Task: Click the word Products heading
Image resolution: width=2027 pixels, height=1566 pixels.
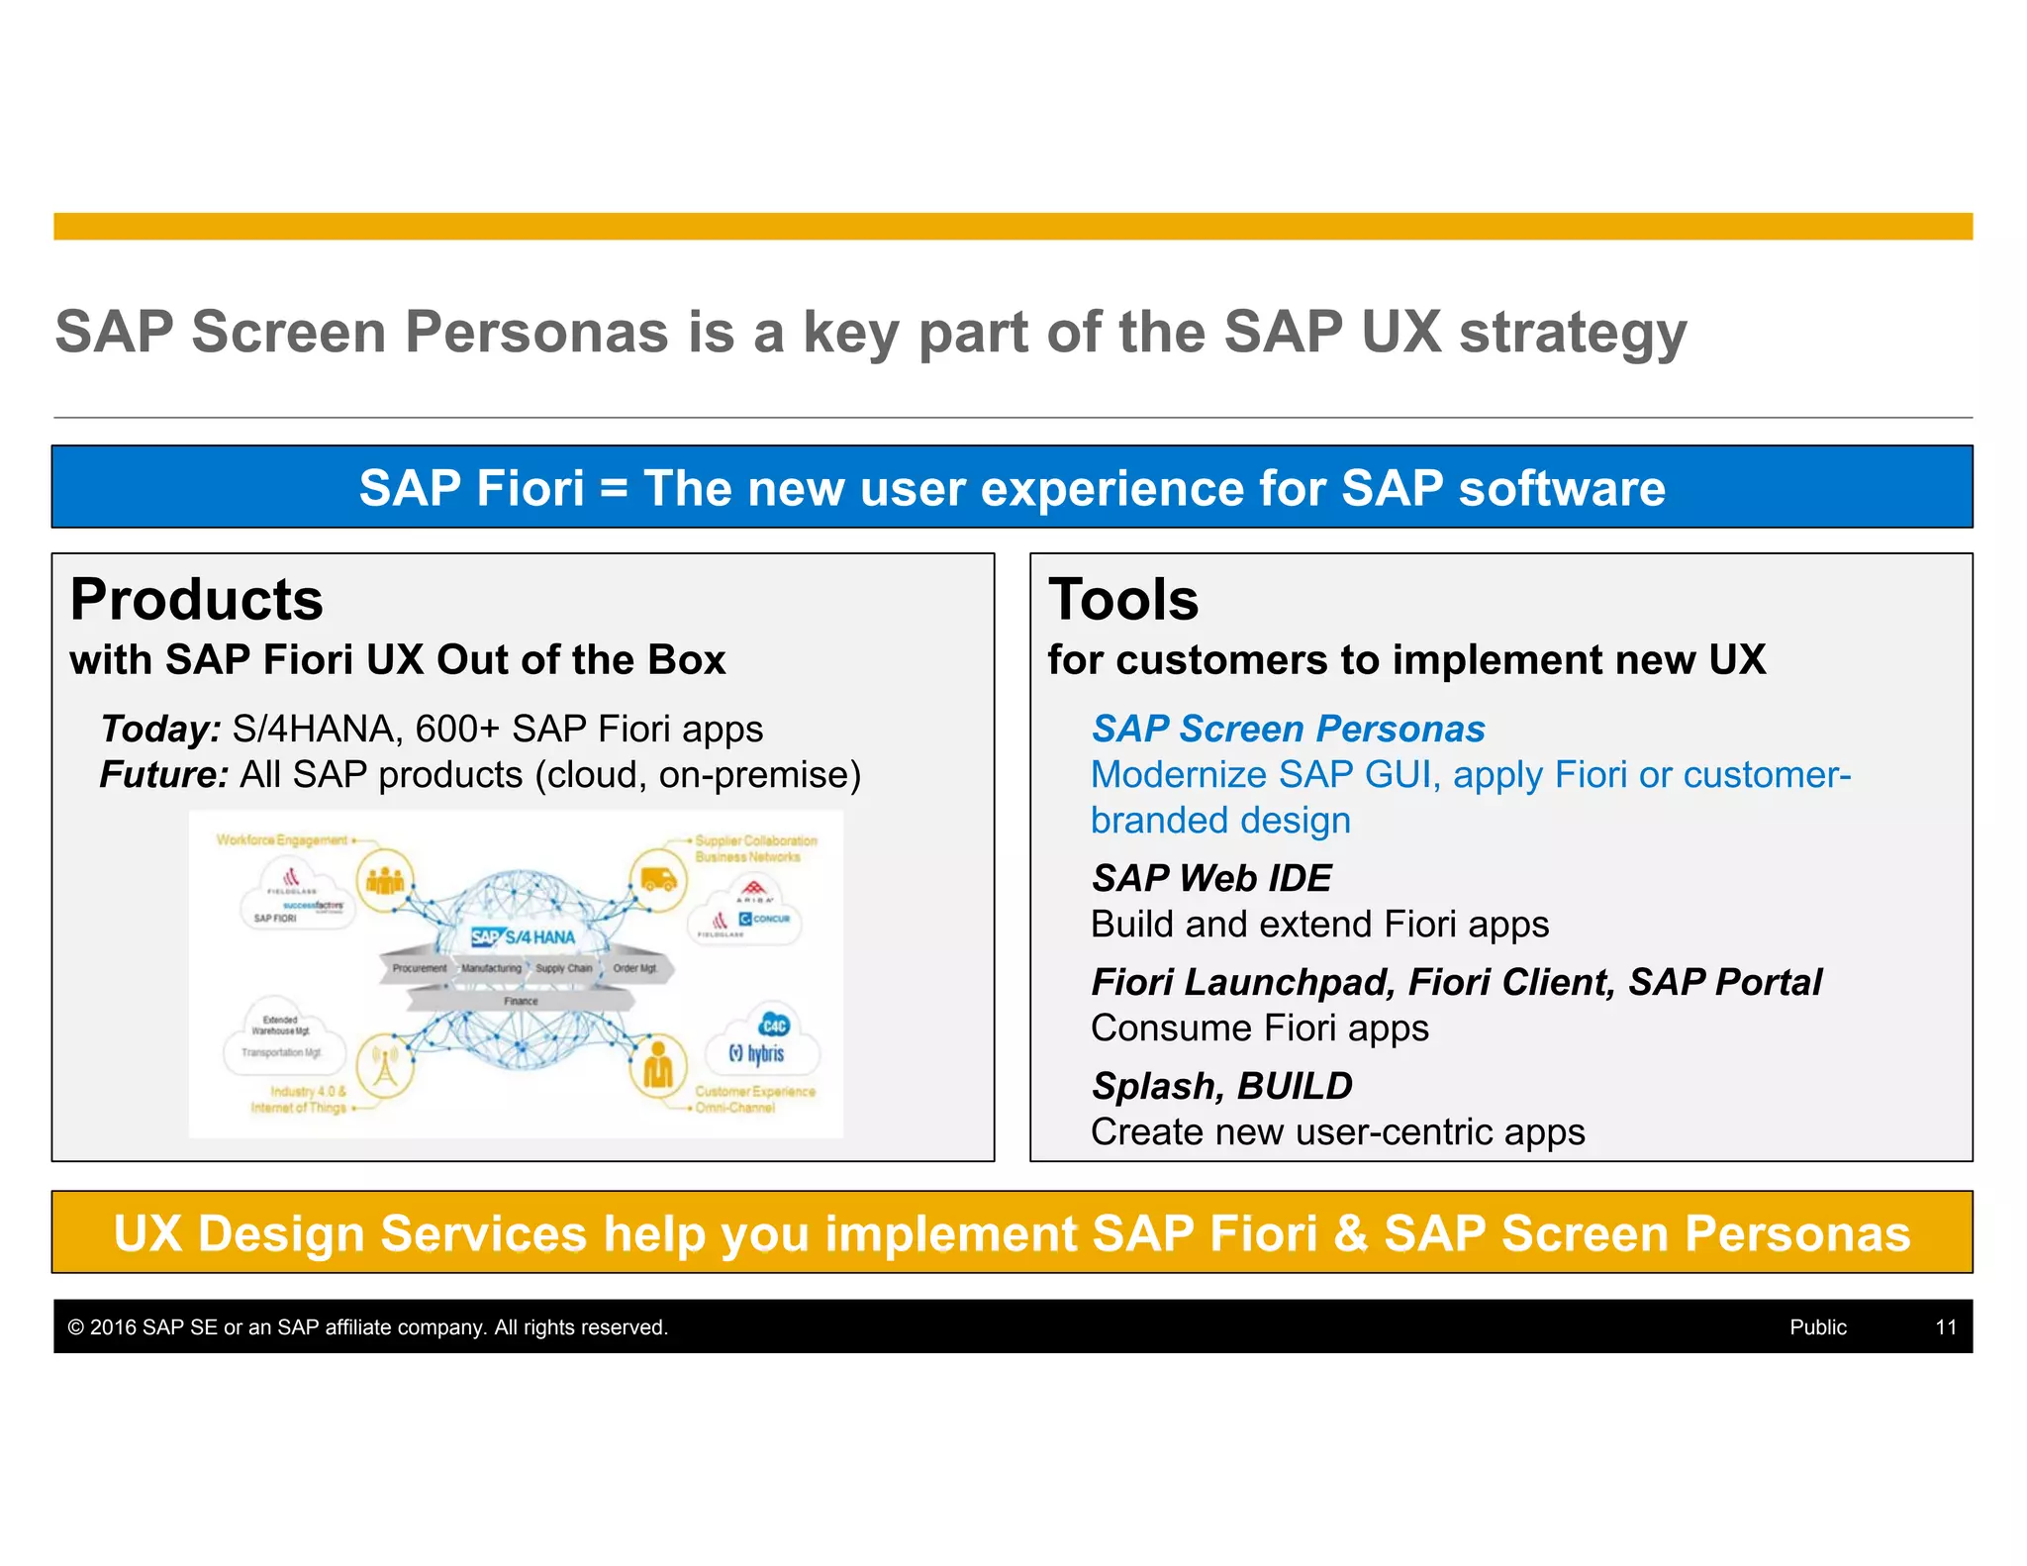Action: (196, 600)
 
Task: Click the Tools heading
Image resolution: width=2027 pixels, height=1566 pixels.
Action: (1122, 600)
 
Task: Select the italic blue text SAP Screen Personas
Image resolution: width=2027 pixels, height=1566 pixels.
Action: (1288, 730)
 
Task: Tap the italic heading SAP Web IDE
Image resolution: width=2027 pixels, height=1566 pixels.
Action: (1211, 878)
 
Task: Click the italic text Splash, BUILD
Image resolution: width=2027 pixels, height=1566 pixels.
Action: (1221, 1086)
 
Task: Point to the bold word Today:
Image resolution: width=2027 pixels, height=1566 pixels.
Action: (160, 730)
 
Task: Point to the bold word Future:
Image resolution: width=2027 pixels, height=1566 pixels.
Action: (164, 775)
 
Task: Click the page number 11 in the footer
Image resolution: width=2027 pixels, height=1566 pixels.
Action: (1945, 1327)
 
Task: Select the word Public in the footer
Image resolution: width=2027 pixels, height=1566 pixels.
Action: (1817, 1327)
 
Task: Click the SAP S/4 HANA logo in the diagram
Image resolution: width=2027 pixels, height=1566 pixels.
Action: (523, 936)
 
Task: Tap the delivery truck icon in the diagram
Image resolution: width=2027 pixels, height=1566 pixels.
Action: (658, 879)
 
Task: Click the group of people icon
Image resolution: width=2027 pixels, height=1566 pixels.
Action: (385, 879)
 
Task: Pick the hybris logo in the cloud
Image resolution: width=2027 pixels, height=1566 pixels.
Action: (758, 1053)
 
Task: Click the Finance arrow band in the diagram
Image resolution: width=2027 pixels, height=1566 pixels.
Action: (521, 1001)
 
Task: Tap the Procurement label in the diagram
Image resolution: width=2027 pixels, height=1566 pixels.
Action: (419, 968)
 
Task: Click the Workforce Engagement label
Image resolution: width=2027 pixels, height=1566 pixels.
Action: (282, 840)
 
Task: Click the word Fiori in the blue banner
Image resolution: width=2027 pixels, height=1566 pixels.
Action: (530, 488)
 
